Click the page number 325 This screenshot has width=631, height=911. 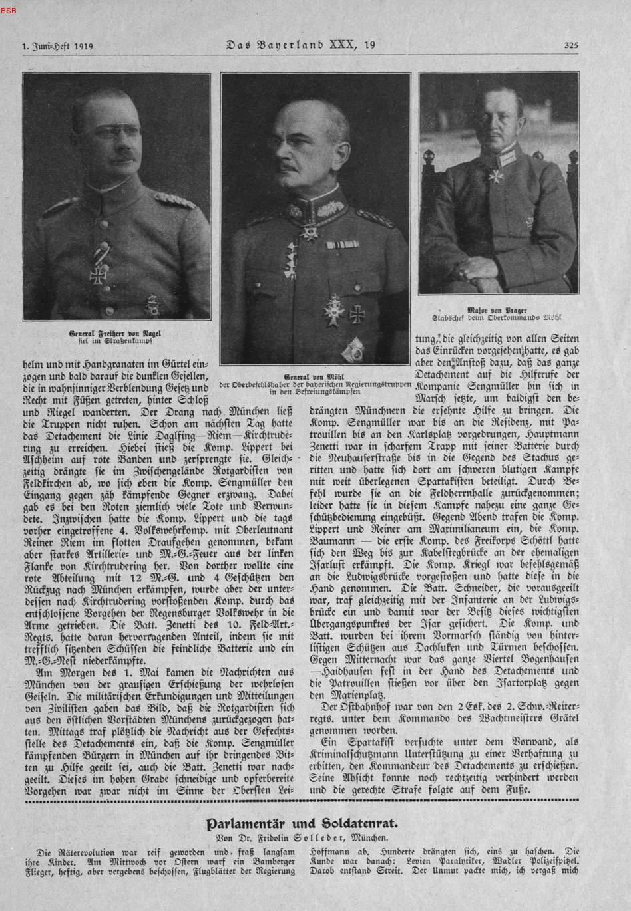click(571, 46)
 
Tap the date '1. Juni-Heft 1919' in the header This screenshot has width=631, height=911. click(53, 47)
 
